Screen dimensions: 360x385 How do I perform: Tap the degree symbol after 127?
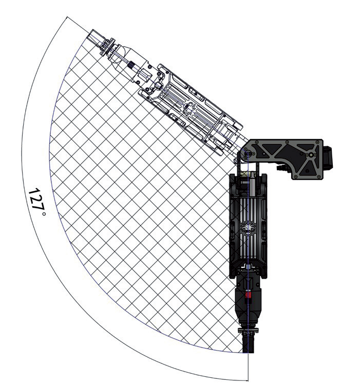(44, 214)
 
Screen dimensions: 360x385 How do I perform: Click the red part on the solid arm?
(248, 295)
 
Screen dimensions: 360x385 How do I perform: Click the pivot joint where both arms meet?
(247, 154)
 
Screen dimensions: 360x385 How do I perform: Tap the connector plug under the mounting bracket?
(284, 168)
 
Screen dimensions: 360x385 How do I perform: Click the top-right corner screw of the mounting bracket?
(318, 142)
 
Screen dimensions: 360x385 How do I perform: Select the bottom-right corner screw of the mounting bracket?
(319, 177)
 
